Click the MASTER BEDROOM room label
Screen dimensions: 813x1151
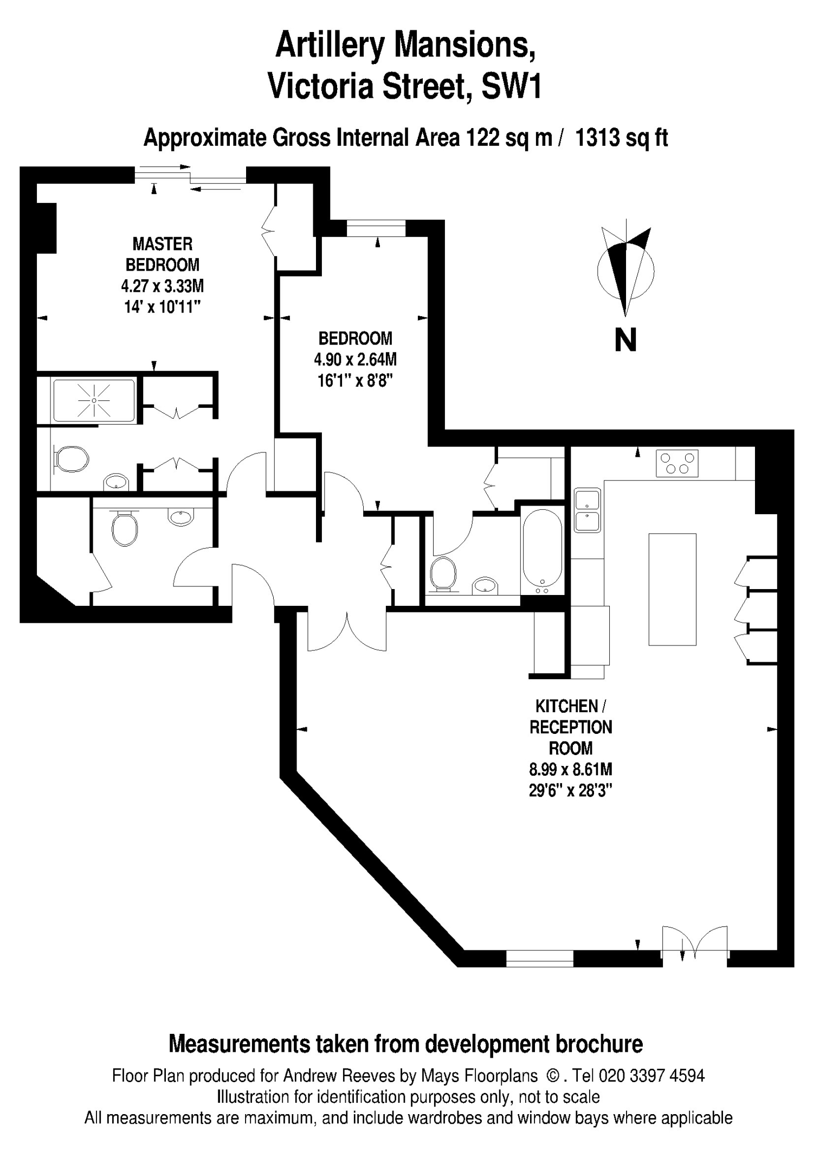coord(163,254)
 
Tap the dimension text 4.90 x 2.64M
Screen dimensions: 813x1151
coord(355,360)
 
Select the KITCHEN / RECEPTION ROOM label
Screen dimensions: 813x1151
coord(571,727)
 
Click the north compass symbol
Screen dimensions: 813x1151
coord(626,268)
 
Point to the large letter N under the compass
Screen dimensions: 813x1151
coord(625,340)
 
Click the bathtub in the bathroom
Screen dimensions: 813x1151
coord(542,550)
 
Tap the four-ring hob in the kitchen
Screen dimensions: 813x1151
coord(677,463)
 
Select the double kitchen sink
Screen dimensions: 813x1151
coord(588,510)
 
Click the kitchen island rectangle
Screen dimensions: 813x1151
coord(673,589)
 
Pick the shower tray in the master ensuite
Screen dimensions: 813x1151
coord(94,400)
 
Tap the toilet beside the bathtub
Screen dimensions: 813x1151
coord(443,573)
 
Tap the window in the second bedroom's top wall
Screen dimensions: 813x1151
coord(376,228)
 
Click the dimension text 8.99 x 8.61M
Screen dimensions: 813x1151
coord(571,769)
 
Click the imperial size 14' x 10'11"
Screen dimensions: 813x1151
coord(163,307)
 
